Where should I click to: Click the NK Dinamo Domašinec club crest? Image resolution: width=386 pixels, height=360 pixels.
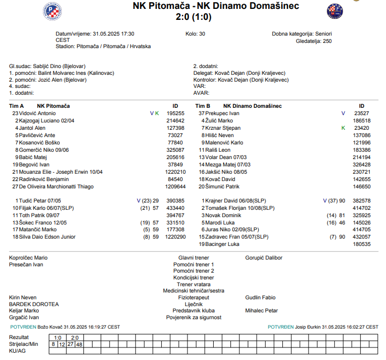[x=335, y=11]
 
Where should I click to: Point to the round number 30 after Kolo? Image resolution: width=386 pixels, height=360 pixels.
[x=202, y=33]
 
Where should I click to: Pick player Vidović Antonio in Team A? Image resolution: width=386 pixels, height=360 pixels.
[x=37, y=113]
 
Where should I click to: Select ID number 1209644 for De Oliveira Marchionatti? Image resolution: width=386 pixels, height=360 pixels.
[x=175, y=186]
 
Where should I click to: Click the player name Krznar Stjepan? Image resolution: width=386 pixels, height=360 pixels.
[x=223, y=128]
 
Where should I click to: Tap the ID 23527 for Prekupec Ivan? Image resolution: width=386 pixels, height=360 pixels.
[x=362, y=113]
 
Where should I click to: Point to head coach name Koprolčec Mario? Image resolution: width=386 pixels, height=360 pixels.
[x=28, y=258]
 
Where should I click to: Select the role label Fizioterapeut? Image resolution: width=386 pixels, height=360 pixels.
[x=193, y=297]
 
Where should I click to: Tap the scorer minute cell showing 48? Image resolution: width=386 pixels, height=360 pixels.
[x=79, y=344]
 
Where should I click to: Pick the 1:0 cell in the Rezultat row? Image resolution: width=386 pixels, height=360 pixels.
[x=58, y=337]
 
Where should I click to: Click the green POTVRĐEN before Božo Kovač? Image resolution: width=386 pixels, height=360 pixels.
[x=23, y=327]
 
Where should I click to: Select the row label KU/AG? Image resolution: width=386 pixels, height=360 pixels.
[x=17, y=351]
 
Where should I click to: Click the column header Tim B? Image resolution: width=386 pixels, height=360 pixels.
[x=203, y=106]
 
